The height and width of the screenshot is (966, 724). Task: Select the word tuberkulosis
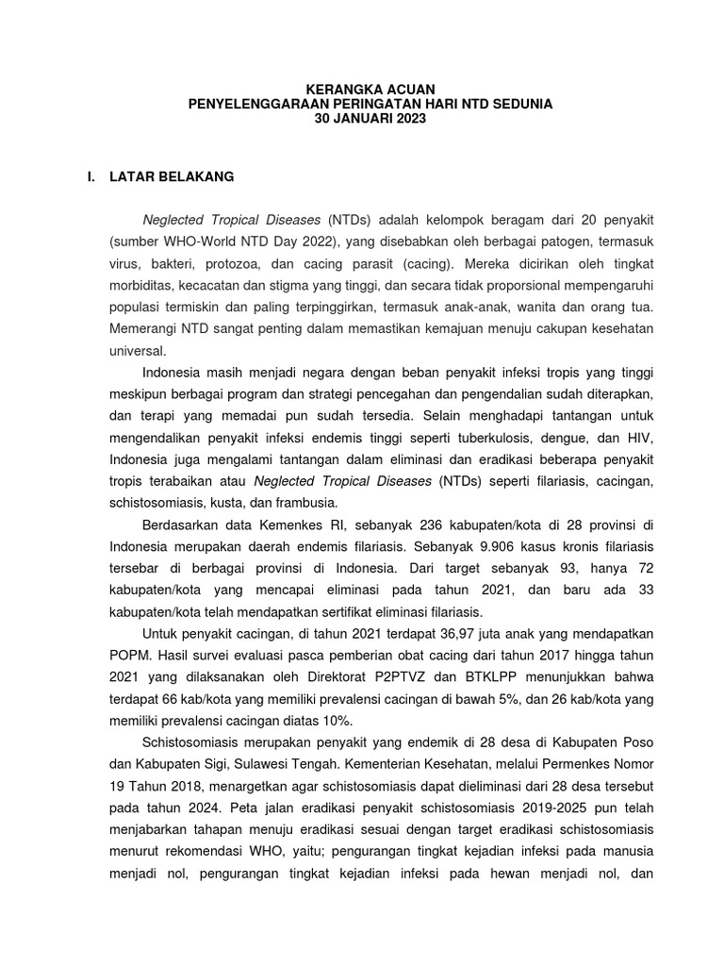(x=483, y=438)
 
